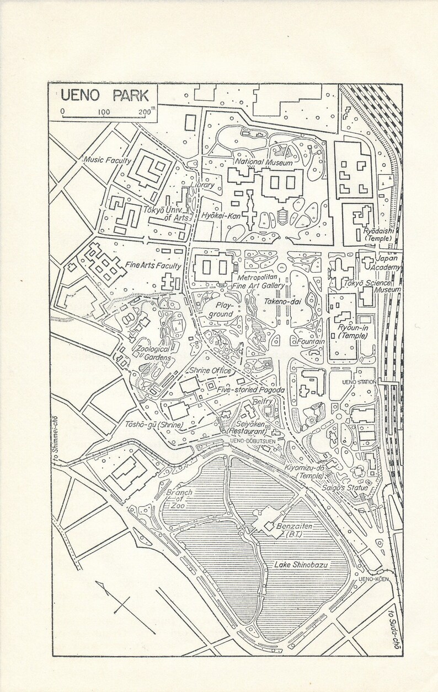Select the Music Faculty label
coord(107,160)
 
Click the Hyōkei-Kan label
coord(219,215)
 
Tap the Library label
coord(204,186)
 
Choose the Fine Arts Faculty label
coord(153,266)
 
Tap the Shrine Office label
coord(209,370)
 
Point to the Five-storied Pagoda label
coord(250,390)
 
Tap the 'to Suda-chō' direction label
coord(392,631)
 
